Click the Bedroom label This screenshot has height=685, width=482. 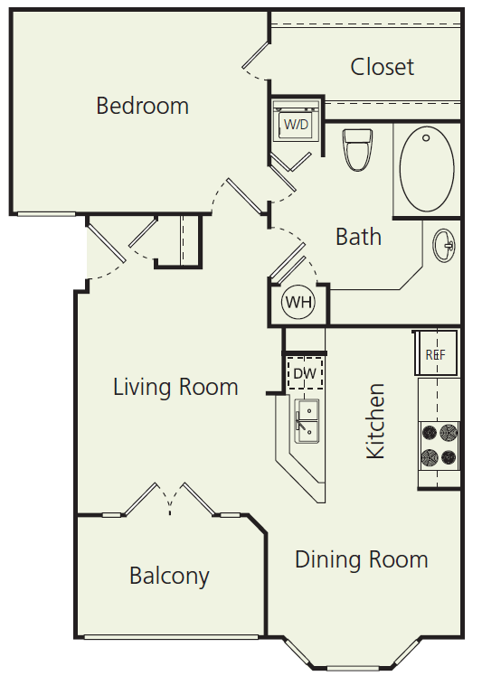point(142,106)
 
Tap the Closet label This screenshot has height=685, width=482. point(382,67)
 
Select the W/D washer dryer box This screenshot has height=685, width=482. point(296,124)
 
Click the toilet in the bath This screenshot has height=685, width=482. point(358,149)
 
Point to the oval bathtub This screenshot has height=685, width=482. point(427,169)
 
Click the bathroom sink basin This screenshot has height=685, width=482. point(444,245)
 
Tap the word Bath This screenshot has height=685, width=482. point(358,237)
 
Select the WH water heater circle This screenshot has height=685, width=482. point(298,303)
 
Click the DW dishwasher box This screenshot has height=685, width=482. point(304,372)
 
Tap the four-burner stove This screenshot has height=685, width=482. point(439,445)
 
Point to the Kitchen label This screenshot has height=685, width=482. point(375,420)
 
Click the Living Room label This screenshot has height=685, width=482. point(175,388)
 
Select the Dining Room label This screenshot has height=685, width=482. point(361,559)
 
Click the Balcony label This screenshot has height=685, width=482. point(169,576)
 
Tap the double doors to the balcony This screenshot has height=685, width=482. point(169,500)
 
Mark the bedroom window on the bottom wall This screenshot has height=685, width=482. point(46,214)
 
